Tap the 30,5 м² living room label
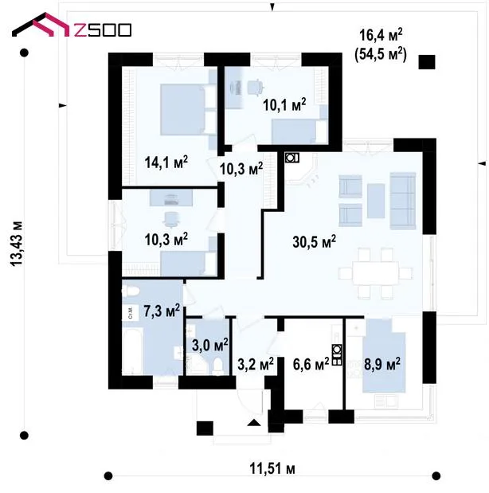314,242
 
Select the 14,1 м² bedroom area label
166,162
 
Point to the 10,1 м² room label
284,104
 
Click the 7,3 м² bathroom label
162,311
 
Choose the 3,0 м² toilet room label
209,346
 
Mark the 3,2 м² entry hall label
256,365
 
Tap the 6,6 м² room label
311,365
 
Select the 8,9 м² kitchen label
382,365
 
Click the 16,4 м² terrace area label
381,34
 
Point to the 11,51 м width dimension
272,469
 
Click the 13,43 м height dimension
17,244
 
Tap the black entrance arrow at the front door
254,423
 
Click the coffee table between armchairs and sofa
376,201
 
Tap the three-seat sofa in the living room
403,201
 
